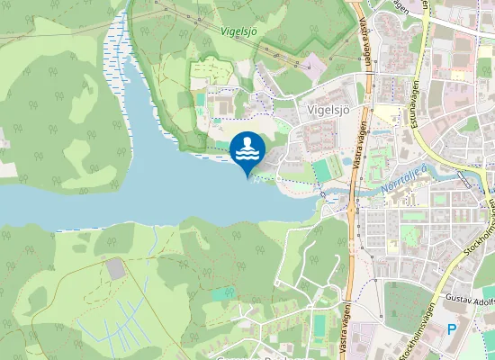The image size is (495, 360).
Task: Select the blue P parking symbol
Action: (451, 330)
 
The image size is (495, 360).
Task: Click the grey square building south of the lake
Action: (115, 268)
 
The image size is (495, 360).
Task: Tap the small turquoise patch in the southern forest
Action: (222, 293)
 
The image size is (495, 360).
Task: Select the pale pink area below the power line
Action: (312, 63)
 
